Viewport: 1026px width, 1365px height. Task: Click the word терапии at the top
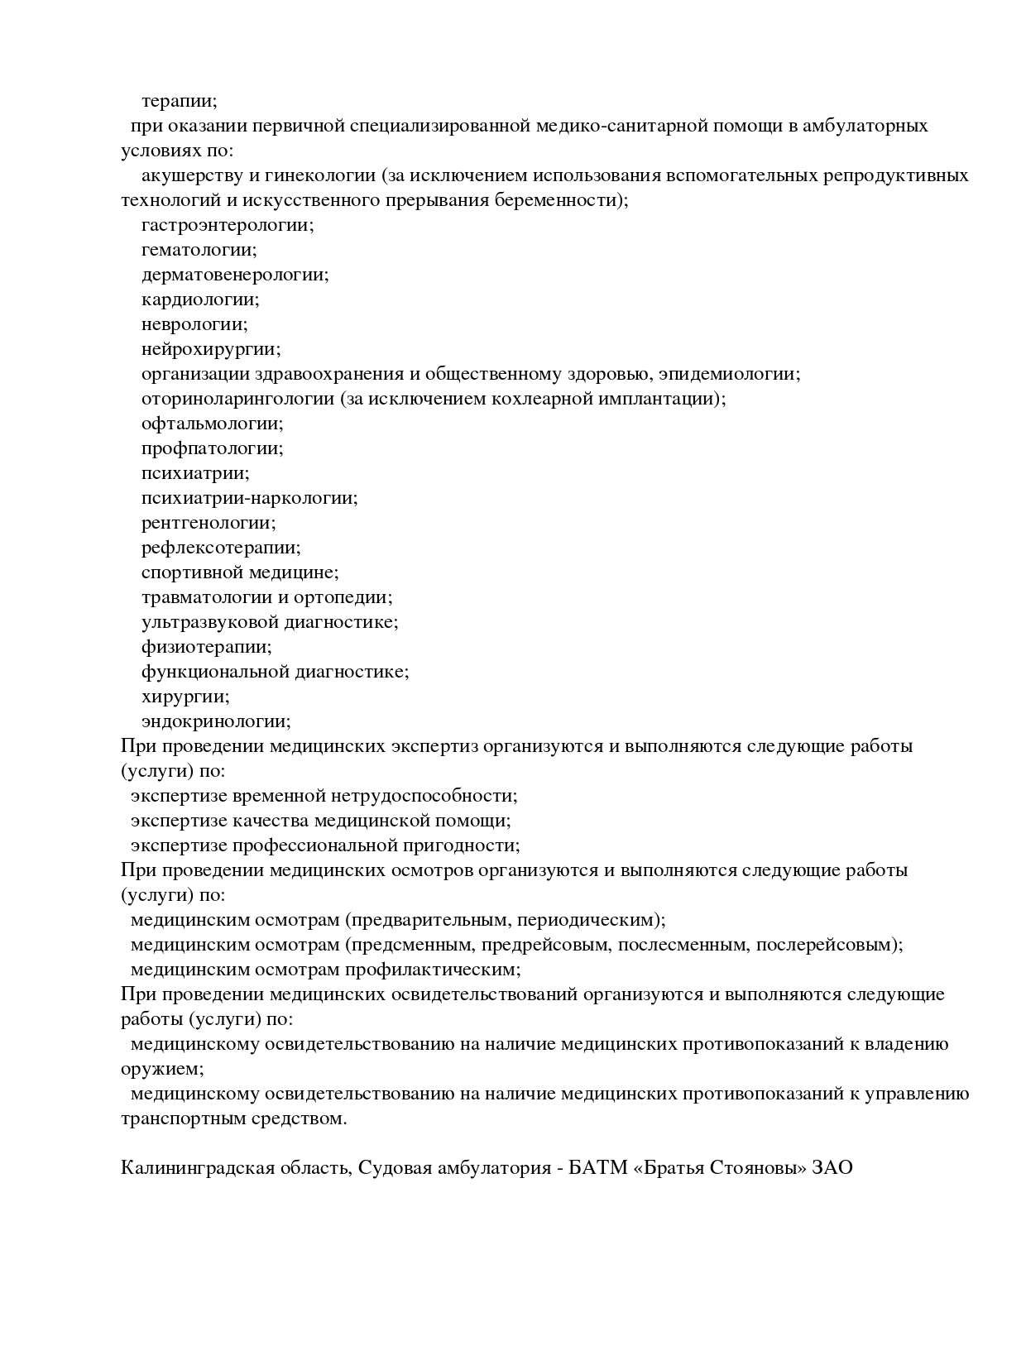click(179, 102)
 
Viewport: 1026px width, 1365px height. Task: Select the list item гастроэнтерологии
click(228, 225)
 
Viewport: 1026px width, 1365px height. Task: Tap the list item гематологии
click(199, 250)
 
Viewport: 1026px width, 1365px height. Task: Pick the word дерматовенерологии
click(235, 275)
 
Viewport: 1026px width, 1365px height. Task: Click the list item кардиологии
click(200, 299)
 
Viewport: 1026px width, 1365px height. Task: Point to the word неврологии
click(194, 324)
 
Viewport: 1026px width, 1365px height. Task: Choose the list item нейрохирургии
click(211, 349)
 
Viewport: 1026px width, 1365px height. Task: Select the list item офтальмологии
click(212, 424)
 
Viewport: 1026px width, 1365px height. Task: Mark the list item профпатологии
click(212, 448)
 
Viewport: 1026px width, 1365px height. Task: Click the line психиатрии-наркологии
click(249, 498)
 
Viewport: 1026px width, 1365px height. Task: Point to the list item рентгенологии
click(209, 523)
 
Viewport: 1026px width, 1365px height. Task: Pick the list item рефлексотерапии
click(221, 548)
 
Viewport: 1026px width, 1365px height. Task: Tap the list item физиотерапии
click(206, 647)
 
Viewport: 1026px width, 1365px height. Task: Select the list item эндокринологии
click(216, 721)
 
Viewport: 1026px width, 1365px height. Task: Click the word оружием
click(162, 1069)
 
